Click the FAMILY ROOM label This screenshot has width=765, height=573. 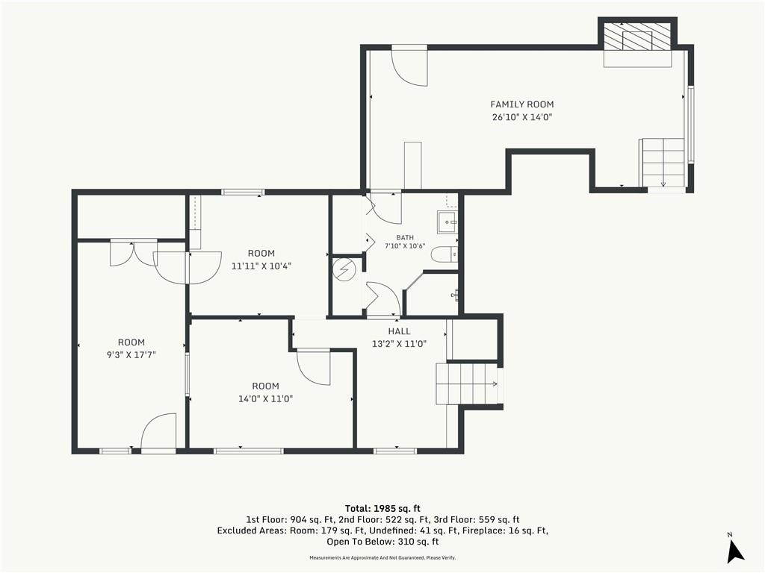click(x=521, y=104)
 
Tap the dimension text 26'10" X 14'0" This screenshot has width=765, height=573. click(x=521, y=117)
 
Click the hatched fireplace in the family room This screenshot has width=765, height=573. click(x=637, y=36)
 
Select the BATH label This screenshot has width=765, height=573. click(x=405, y=238)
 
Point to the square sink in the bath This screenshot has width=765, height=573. click(x=447, y=222)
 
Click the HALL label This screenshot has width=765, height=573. click(x=399, y=331)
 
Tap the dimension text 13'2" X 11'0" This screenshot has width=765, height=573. click(x=399, y=344)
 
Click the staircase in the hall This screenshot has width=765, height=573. click(x=468, y=383)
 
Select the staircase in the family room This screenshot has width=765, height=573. click(x=662, y=163)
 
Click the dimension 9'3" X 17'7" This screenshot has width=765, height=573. click(x=131, y=355)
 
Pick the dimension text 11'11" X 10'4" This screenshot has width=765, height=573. click(x=261, y=266)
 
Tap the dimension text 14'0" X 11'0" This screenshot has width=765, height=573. click(x=265, y=399)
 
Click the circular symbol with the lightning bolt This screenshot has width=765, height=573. click(x=344, y=269)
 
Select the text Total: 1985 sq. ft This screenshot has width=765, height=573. click(x=382, y=509)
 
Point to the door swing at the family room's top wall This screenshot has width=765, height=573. click(x=410, y=68)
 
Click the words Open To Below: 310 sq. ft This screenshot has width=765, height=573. click(x=382, y=542)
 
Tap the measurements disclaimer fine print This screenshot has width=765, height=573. click(x=382, y=558)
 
